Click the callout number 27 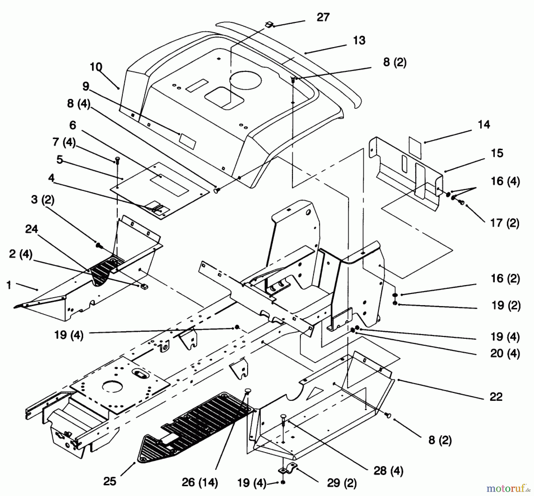(323, 17)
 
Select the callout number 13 (359, 40)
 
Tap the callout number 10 (96, 67)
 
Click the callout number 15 (497, 153)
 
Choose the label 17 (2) (505, 223)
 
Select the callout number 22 (496, 397)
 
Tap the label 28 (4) (388, 471)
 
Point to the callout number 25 (109, 481)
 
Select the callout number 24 (31, 229)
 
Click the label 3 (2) (43, 200)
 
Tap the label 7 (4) (64, 142)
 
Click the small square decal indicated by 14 (415, 147)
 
